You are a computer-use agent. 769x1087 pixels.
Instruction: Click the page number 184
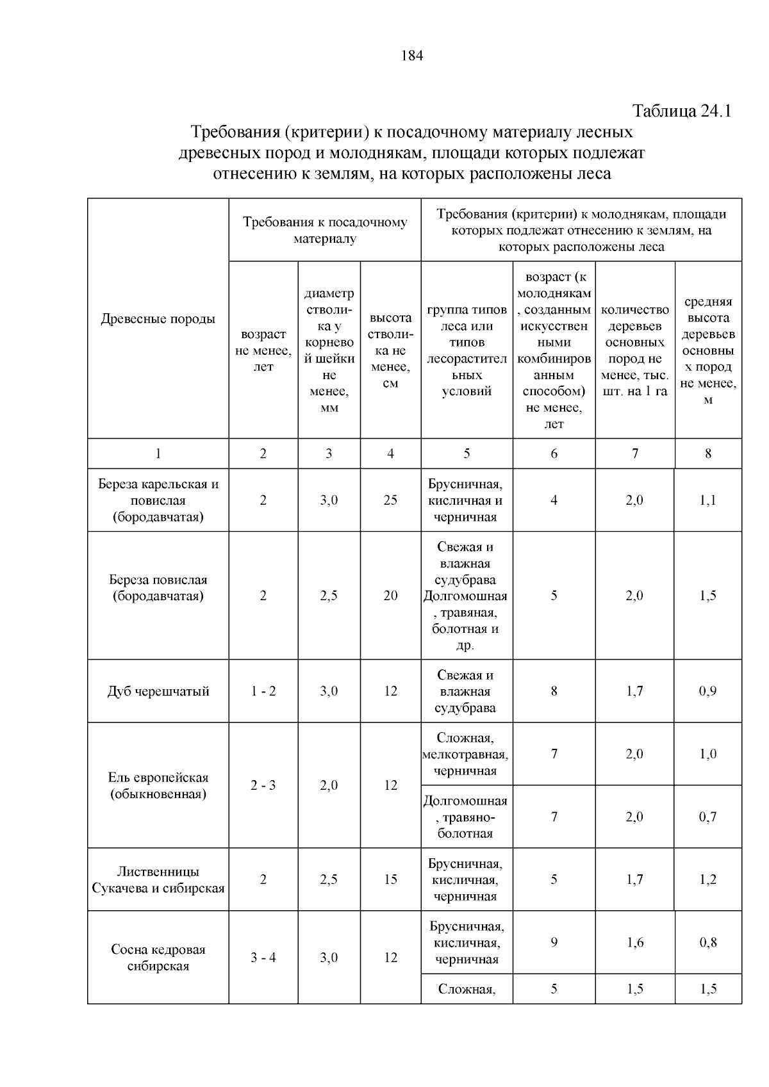[412, 56]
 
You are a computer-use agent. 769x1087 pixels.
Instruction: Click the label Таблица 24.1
[682, 111]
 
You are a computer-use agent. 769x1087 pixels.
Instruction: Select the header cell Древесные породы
[158, 319]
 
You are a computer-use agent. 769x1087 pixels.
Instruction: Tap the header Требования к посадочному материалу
[325, 231]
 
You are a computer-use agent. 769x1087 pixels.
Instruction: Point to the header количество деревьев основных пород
[634, 350]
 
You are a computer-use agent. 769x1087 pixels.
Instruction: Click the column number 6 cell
[554, 454]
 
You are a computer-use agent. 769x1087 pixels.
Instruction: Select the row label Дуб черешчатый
[158, 691]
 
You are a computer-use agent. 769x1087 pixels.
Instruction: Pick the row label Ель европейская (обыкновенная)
[158, 785]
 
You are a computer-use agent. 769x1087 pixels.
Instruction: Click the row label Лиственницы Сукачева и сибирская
[158, 879]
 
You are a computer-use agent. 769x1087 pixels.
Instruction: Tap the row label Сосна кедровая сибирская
[158, 958]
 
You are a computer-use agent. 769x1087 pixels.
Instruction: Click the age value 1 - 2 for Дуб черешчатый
[263, 691]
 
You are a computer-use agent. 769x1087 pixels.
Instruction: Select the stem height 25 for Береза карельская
[390, 500]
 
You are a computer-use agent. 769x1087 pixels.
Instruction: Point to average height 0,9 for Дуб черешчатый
[708, 691]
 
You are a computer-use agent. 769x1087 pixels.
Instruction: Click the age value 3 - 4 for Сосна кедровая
[263, 958]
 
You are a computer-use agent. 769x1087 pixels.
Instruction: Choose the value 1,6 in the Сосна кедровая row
[634, 942]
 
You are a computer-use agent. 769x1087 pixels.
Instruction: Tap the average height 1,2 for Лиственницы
[708, 879]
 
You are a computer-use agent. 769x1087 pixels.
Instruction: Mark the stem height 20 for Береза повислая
[390, 596]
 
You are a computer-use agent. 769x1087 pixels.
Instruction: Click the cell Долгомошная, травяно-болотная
[466, 817]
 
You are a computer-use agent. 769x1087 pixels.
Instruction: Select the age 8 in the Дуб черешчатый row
[554, 691]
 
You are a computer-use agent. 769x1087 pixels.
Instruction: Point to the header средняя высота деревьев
[708, 350]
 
